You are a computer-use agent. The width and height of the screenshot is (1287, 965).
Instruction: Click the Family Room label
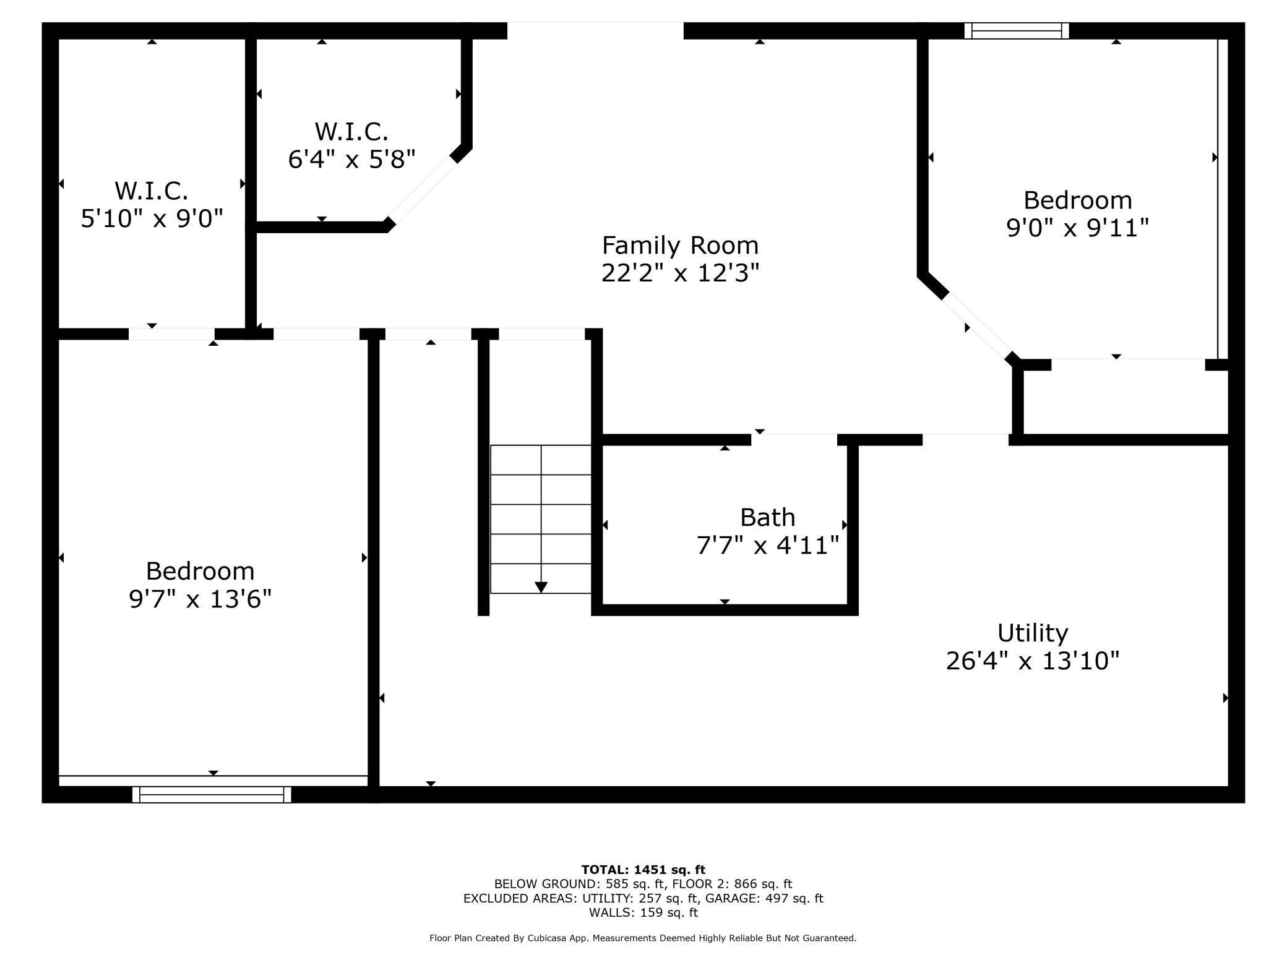pos(680,246)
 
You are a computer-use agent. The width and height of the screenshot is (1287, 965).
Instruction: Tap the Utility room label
pos(1033,633)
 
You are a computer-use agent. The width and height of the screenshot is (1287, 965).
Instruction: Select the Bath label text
pos(767,517)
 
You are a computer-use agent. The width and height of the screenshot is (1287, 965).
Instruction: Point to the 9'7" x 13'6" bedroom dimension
pos(200,599)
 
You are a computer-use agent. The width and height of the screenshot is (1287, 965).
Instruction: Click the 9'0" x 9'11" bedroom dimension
pos(1077,228)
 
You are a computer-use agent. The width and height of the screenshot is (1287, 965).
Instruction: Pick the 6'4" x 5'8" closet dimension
pos(351,159)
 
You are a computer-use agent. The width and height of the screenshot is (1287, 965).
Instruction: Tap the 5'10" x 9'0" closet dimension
pos(152,218)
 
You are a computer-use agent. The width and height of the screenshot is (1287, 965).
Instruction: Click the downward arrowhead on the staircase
pos(541,587)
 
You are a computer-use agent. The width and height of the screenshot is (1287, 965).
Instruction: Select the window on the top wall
pos(1017,31)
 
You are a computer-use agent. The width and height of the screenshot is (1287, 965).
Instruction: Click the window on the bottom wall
pos(212,794)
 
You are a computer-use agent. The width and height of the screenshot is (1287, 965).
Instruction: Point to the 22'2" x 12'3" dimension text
pos(680,273)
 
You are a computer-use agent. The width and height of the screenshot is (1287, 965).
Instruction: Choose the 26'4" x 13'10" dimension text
pos(1033,661)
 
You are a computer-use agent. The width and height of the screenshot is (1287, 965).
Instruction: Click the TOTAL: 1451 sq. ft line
pos(643,870)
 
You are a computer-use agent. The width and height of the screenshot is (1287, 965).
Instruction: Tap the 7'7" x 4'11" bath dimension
pos(768,546)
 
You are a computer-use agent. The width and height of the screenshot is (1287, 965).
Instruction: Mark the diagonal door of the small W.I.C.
pos(423,189)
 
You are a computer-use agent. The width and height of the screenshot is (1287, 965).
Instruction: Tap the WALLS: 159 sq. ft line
pos(643,912)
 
